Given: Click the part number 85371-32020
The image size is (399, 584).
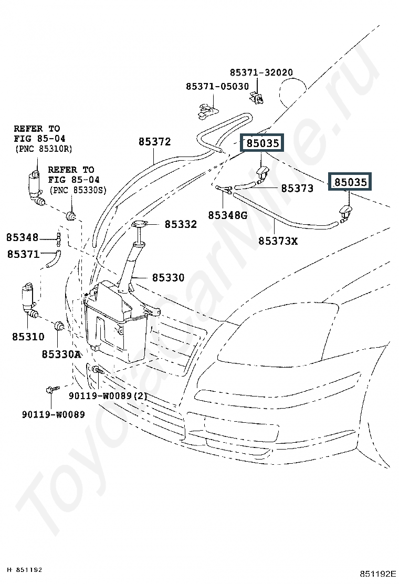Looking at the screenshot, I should pyautogui.click(x=261, y=72).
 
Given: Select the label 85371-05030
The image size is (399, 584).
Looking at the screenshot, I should pyautogui.click(x=217, y=86).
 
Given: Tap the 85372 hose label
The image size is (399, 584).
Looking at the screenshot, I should pyautogui.click(x=154, y=142).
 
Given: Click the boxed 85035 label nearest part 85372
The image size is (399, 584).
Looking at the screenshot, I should pyautogui.click(x=262, y=143).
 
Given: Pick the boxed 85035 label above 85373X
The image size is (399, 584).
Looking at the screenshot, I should pyautogui.click(x=350, y=182).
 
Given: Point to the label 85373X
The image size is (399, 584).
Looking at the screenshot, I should pyautogui.click(x=277, y=241).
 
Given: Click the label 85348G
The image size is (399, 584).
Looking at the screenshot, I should pyautogui.click(x=227, y=215).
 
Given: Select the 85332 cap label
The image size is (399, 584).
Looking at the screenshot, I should pyautogui.click(x=181, y=224).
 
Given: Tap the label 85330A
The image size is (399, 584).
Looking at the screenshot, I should pyautogui.click(x=61, y=354).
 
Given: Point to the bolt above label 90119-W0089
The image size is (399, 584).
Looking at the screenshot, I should pyautogui.click(x=51, y=390).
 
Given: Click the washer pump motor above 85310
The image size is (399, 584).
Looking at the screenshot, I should pyautogui.click(x=28, y=297).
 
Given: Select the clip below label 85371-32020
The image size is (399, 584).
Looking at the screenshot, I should pyautogui.click(x=257, y=97).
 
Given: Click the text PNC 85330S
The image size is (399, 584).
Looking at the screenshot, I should pyautogui.click(x=78, y=190).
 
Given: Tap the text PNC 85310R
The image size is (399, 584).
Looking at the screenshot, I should pyautogui.click(x=43, y=149).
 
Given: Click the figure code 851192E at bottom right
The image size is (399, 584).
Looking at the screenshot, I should pyautogui.click(x=377, y=573).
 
